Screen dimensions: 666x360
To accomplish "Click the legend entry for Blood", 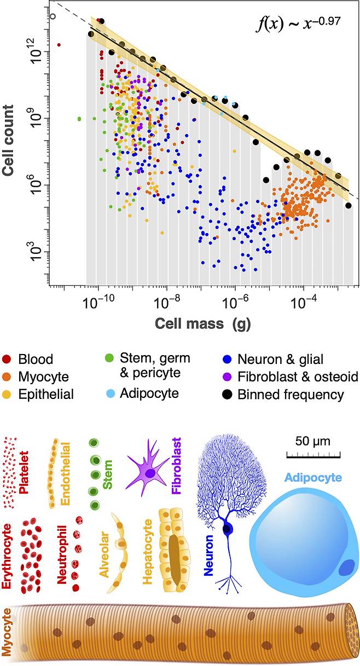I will [35, 360].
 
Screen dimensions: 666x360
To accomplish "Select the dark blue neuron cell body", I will [227, 529].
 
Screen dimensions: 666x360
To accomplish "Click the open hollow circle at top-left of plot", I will [53, 16].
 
